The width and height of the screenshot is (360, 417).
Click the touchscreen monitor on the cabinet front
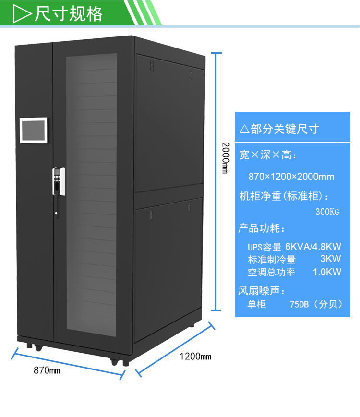[34, 130]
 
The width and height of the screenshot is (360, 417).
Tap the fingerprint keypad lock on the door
[59, 181]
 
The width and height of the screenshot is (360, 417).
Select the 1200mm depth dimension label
[195, 357]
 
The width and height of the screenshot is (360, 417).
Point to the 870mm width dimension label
[47, 370]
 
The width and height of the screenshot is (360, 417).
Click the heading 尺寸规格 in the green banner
[69, 14]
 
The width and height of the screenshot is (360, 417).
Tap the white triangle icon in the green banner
[22, 14]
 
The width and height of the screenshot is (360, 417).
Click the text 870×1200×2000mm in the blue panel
[291, 177]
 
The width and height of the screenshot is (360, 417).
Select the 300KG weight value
[327, 212]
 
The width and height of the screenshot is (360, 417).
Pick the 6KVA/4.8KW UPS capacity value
[313, 247]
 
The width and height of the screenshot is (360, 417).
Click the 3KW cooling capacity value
[330, 259]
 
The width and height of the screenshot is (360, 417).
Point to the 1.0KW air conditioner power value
[327, 272]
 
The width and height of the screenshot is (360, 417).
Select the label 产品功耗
[262, 228]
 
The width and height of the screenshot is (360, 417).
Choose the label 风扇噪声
[262, 291]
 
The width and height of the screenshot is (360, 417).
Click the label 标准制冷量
[272, 260]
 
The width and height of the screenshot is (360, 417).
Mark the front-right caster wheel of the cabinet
[114, 361]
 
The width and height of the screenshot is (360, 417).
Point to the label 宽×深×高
[268, 155]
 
